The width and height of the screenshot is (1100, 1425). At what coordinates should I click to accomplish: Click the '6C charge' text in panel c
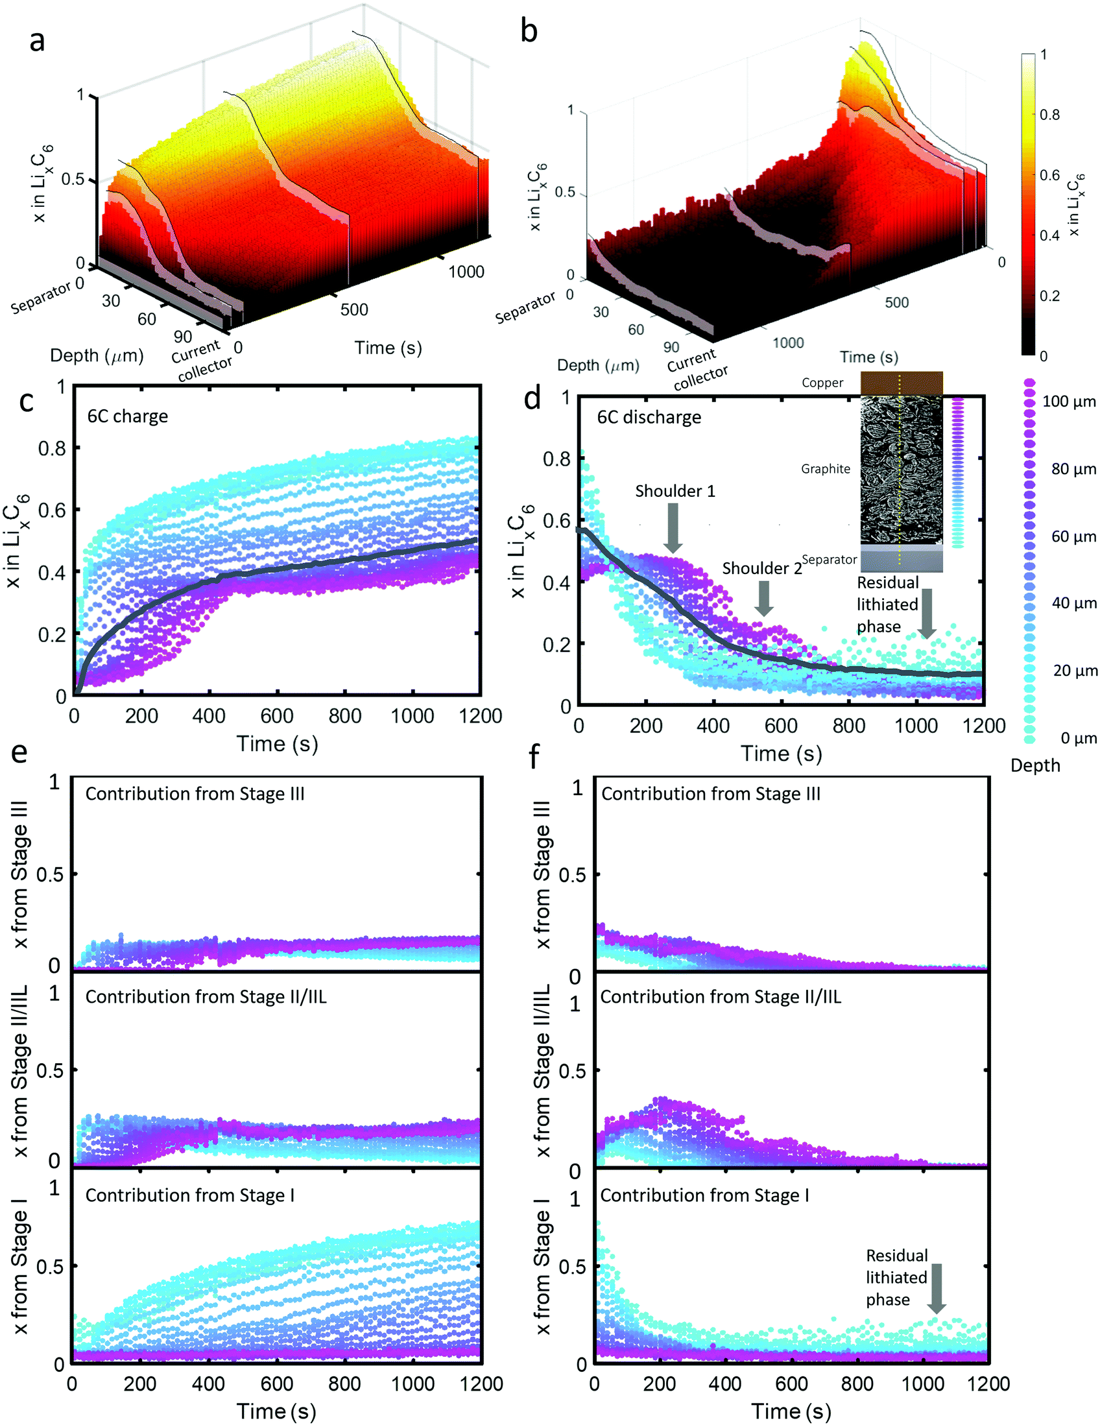pyautogui.click(x=127, y=416)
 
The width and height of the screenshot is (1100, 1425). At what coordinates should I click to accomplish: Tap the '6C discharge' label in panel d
pyautogui.click(x=649, y=418)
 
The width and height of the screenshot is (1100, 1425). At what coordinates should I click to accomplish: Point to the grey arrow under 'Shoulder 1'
pyautogui.click(x=673, y=528)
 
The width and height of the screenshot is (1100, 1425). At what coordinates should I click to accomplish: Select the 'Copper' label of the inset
pyautogui.click(x=822, y=383)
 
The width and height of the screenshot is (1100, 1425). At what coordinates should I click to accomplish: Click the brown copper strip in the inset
pyautogui.click(x=901, y=383)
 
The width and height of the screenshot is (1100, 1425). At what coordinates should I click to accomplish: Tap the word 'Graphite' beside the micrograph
pyautogui.click(x=826, y=468)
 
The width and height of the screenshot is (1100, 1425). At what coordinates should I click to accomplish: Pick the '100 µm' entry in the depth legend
pyautogui.click(x=1069, y=401)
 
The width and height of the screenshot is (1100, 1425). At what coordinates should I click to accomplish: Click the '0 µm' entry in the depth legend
pyautogui.click(x=1077, y=738)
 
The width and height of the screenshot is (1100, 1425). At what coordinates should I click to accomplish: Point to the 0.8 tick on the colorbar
pyautogui.click(x=1049, y=115)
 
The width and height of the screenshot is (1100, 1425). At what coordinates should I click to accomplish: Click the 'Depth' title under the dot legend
pyautogui.click(x=1034, y=765)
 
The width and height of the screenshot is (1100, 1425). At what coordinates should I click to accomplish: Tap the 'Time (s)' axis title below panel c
pyautogui.click(x=277, y=744)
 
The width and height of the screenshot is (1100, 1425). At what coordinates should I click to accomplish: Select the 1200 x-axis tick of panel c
pyautogui.click(x=479, y=717)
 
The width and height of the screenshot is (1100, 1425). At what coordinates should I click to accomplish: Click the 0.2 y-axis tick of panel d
pyautogui.click(x=556, y=644)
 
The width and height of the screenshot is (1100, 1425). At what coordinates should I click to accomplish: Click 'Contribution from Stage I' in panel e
pyautogui.click(x=189, y=1195)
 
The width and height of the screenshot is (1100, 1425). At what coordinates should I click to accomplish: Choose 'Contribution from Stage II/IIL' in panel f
pyautogui.click(x=721, y=997)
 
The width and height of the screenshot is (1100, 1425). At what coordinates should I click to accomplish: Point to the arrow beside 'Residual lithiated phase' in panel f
pyautogui.click(x=937, y=1288)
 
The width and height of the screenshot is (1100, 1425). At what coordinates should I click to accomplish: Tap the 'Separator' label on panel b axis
pyautogui.click(x=525, y=307)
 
